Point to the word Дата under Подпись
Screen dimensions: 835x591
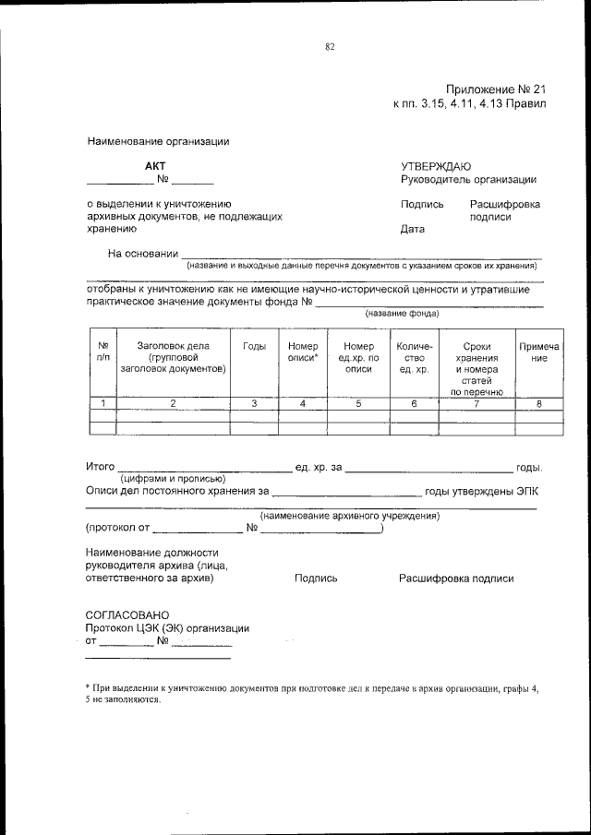413,230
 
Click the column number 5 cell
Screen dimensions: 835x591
358,403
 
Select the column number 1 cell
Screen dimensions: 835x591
103,403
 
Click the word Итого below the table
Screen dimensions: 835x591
100,468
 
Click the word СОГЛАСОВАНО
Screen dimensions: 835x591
127,614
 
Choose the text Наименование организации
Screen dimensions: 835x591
158,142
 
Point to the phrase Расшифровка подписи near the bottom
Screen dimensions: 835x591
456,579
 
